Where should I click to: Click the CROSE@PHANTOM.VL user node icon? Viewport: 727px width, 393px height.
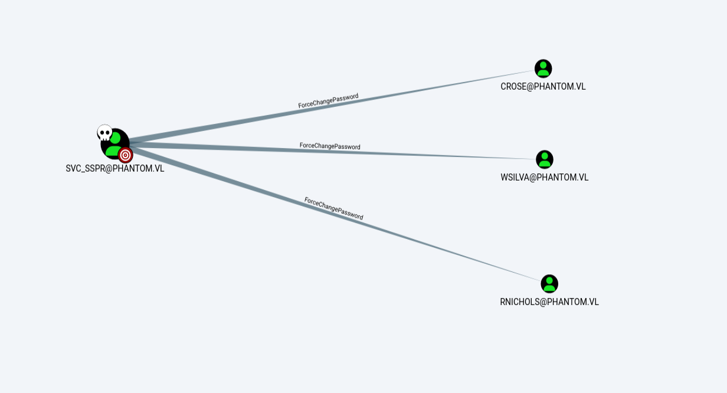tap(543, 68)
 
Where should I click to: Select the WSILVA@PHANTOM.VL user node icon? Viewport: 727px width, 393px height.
tap(544, 159)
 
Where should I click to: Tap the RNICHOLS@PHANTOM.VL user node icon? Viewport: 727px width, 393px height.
tap(549, 284)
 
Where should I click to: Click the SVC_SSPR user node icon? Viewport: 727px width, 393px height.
tap(115, 144)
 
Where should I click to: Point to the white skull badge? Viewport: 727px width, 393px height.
tap(104, 132)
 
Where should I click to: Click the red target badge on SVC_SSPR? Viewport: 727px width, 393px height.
tap(125, 155)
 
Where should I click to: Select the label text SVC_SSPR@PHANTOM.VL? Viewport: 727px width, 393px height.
tap(115, 169)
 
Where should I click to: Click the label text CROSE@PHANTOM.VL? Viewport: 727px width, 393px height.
tap(543, 87)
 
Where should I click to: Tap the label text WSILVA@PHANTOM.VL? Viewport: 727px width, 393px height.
tap(544, 178)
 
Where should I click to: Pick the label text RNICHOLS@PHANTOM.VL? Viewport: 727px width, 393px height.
tap(549, 302)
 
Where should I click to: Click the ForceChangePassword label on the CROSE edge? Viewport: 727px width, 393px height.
tap(328, 100)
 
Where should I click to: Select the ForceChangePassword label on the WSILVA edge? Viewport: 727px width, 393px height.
tap(330, 146)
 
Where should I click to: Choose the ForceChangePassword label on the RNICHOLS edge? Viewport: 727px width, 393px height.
tap(333, 208)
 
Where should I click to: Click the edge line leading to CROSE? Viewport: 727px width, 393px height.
tap(332, 106)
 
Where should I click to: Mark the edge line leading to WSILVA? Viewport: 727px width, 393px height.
tap(332, 152)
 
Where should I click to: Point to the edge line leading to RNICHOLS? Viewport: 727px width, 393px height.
tap(335, 214)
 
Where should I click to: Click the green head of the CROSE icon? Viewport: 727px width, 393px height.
tap(543, 65)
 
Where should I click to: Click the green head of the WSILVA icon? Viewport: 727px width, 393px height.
tap(544, 156)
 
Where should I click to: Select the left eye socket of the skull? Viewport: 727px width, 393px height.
tap(101, 132)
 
